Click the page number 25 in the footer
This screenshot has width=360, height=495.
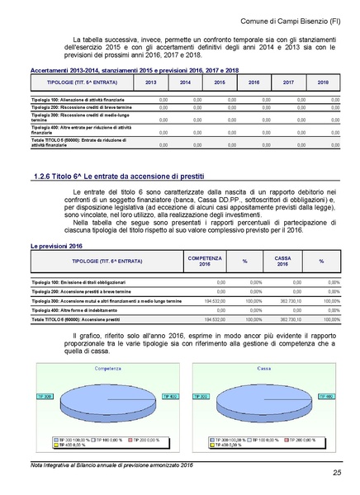(x=337, y=472)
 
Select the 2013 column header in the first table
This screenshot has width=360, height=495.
(x=150, y=83)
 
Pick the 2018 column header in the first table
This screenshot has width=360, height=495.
(x=323, y=83)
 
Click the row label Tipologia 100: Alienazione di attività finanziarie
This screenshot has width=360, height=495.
(x=73, y=100)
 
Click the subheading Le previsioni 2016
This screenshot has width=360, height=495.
(x=54, y=247)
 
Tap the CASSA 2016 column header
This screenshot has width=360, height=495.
(x=282, y=261)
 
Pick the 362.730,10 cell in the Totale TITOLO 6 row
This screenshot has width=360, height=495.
(x=291, y=318)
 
